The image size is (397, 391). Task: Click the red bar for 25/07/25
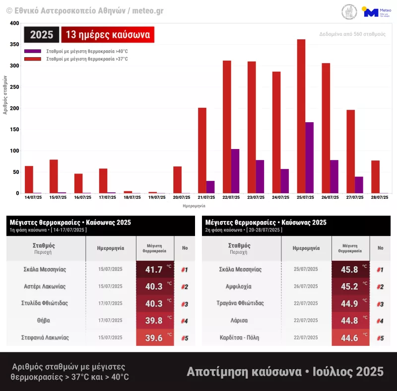tap(301, 116)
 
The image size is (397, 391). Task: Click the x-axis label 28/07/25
tap(380, 198)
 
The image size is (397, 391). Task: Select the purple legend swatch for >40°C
tap(33, 51)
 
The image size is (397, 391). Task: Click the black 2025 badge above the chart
tap(42, 35)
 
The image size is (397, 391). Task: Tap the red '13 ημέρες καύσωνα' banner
tap(108, 35)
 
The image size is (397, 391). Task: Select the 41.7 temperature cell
tap(154, 270)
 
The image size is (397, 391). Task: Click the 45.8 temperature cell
tap(350, 270)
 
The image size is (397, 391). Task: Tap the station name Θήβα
tap(44, 320)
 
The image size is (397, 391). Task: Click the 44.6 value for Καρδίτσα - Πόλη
tap(350, 338)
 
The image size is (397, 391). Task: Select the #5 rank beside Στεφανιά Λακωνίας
tap(184, 338)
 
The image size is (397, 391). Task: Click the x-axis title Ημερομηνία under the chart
tap(194, 206)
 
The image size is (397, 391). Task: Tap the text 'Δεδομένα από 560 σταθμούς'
tap(352, 34)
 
